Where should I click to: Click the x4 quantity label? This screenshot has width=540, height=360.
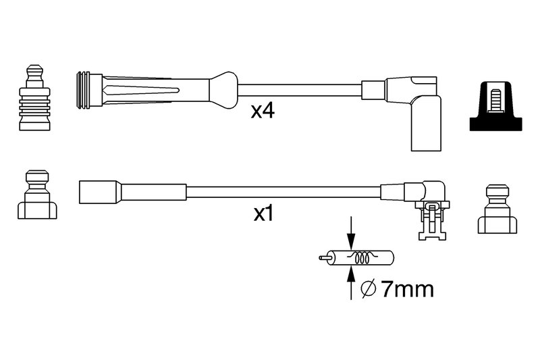click(x=263, y=111)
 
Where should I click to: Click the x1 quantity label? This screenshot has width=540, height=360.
click(x=263, y=213)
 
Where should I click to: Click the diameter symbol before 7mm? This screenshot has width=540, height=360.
click(x=368, y=290)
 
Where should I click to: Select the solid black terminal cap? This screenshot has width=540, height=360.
click(x=495, y=106)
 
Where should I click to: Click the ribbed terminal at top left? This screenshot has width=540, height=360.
click(x=34, y=97)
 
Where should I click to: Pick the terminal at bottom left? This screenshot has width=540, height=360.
click(x=37, y=195)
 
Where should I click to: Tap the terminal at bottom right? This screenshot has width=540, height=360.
click(x=497, y=209)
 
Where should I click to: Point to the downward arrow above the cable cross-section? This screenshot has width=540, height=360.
click(x=351, y=232)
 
